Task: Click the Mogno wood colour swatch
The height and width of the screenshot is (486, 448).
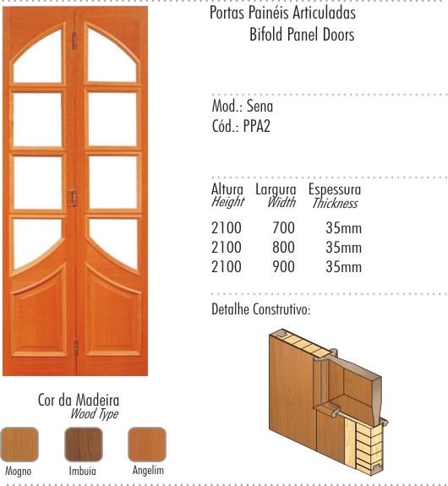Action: click(x=19, y=445)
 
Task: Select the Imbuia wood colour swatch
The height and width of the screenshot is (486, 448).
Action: click(x=84, y=445)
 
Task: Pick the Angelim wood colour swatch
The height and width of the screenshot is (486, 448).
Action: click(x=147, y=445)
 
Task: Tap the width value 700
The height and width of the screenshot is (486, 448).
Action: click(x=284, y=228)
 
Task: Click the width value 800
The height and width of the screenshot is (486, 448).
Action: click(x=284, y=248)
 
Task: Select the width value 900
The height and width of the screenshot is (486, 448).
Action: click(x=284, y=266)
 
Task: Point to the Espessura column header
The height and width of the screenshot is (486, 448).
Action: click(x=335, y=189)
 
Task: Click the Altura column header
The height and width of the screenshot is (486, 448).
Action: click(x=227, y=189)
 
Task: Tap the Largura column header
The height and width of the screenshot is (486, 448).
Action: click(x=276, y=190)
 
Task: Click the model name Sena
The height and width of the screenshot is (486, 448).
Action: click(x=260, y=106)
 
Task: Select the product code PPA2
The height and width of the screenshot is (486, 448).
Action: click(x=257, y=126)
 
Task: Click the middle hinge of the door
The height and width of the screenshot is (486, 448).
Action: click(x=74, y=198)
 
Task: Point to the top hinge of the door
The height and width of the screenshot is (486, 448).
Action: click(x=74, y=41)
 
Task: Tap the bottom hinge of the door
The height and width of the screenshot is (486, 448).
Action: click(x=76, y=347)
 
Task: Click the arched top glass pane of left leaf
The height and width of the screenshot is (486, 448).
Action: click(x=38, y=62)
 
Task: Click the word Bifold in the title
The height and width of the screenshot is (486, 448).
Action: click(x=266, y=34)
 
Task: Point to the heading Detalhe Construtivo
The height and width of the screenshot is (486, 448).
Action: click(x=260, y=309)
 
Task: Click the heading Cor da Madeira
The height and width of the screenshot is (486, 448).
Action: click(x=79, y=400)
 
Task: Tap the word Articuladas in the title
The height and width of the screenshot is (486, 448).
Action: click(x=324, y=13)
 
